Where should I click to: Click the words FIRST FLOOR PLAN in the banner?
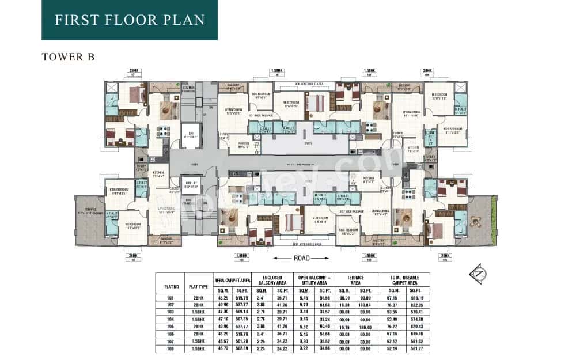coord(129,20)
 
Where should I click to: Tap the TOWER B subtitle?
coord(68,57)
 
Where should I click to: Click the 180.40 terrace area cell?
coord(366,327)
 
